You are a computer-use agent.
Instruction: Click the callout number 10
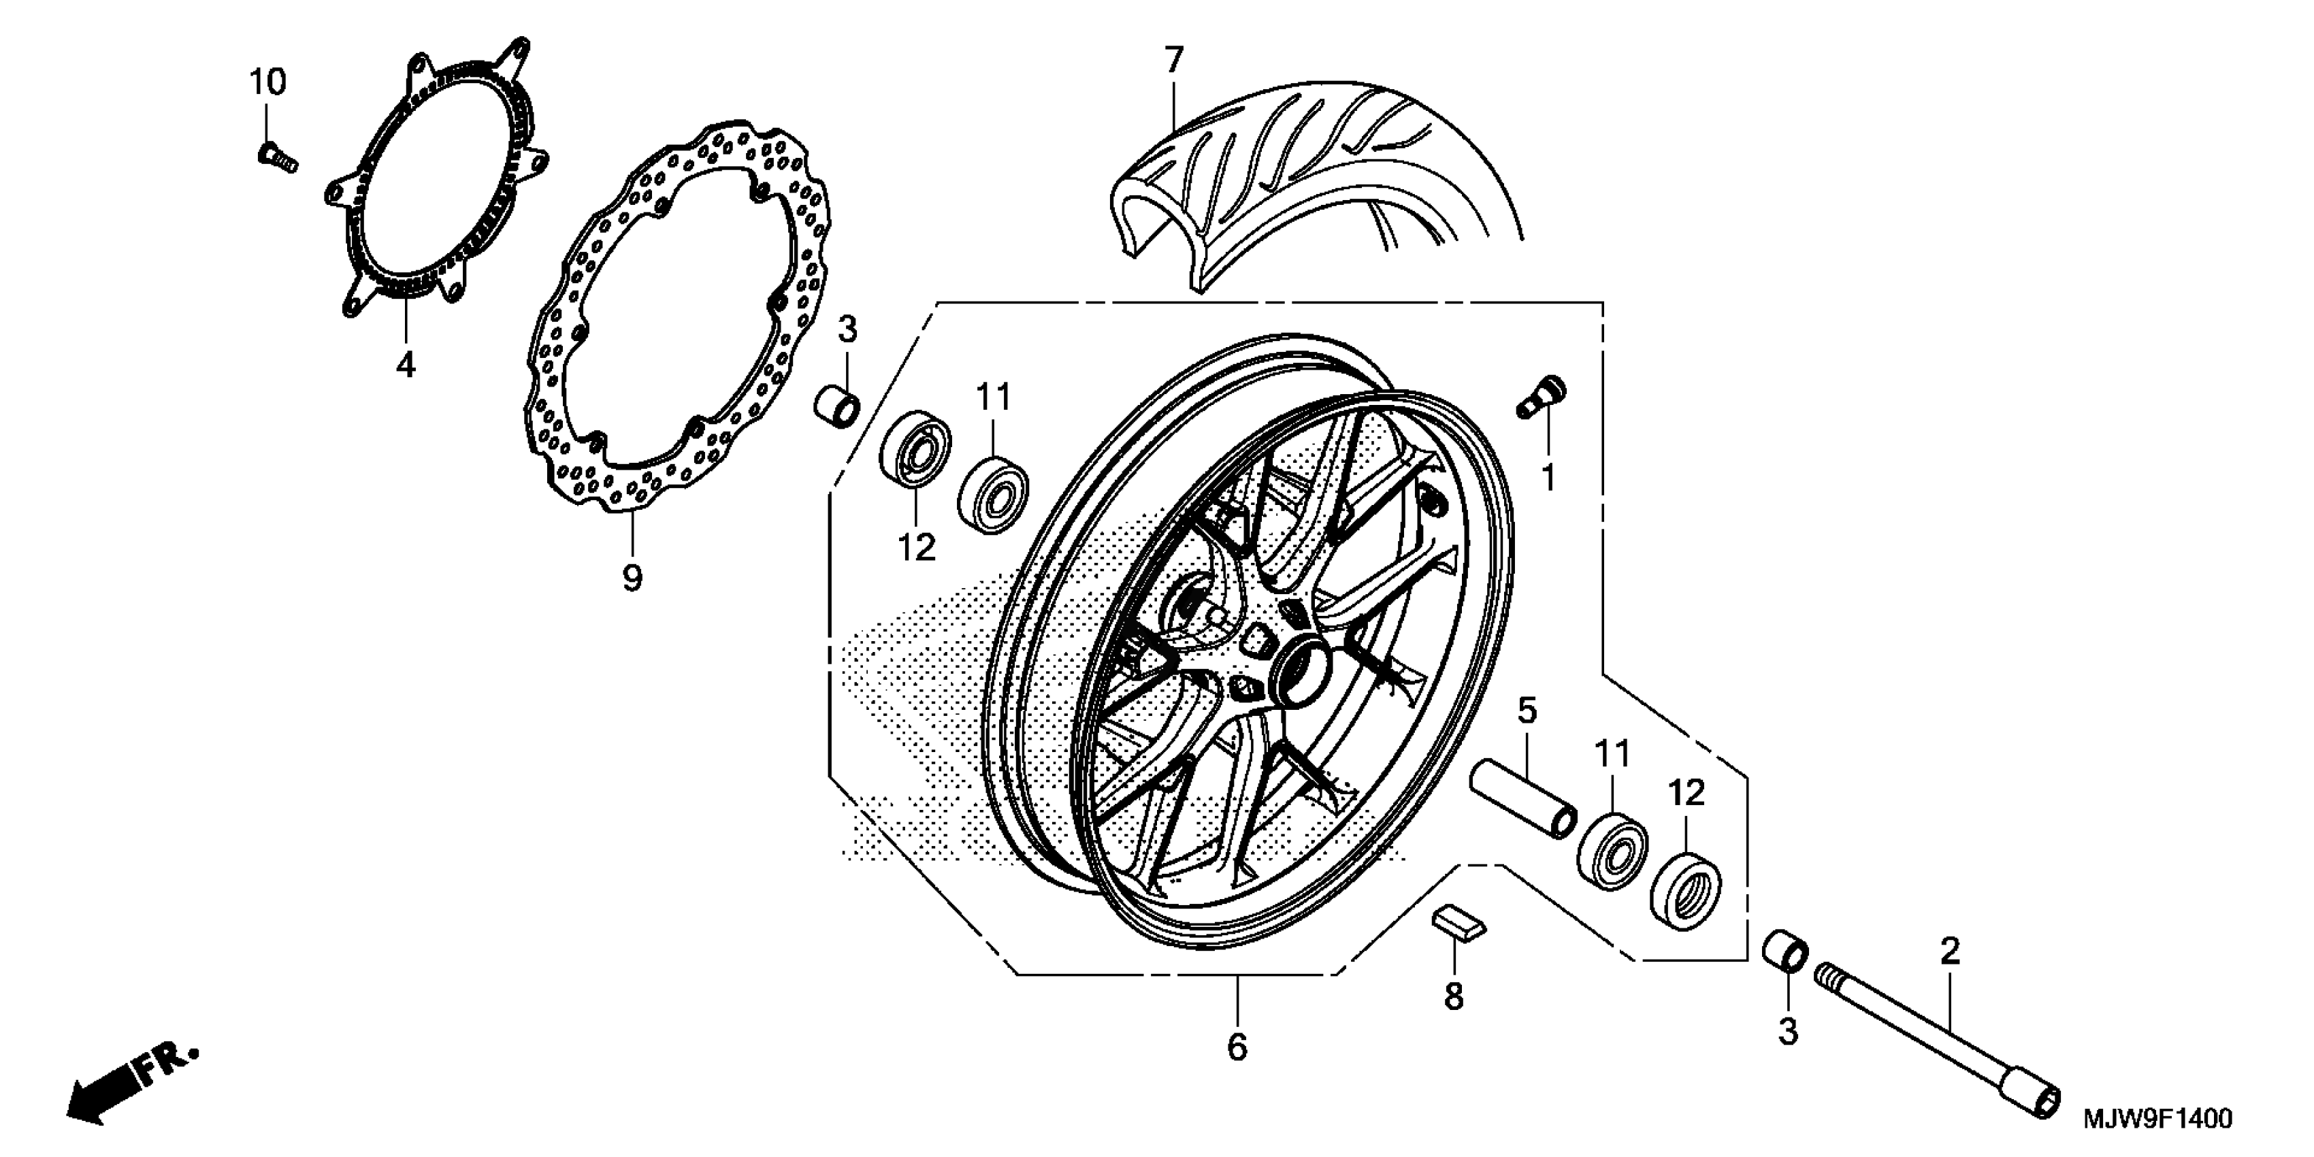click(x=267, y=82)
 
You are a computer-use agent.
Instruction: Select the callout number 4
click(x=406, y=365)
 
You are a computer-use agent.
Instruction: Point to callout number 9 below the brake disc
click(x=632, y=578)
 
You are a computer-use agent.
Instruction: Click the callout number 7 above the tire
click(x=1174, y=60)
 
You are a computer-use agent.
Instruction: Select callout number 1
click(x=1548, y=478)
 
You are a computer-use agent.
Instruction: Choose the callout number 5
click(x=1527, y=711)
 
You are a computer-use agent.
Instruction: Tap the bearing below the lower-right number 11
click(x=1612, y=850)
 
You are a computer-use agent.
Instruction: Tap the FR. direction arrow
click(x=130, y=1089)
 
